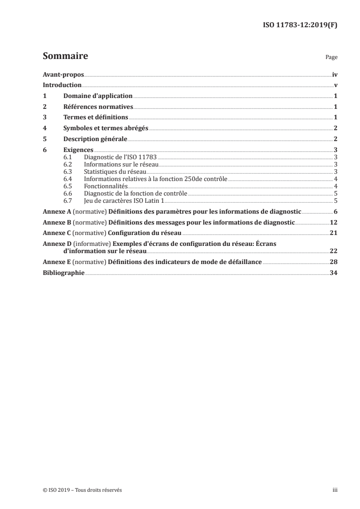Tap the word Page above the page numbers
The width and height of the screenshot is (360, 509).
[331, 58]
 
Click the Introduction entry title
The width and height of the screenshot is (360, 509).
[62, 85]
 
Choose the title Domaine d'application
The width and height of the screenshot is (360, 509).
[98, 96]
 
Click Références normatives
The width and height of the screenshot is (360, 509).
[98, 107]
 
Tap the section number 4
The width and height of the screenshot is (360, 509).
[44, 128]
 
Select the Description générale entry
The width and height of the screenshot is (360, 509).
[95, 139]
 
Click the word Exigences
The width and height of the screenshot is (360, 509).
[78, 150]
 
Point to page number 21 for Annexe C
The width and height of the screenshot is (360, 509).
[333, 233]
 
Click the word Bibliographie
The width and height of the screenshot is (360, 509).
[63, 273]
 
